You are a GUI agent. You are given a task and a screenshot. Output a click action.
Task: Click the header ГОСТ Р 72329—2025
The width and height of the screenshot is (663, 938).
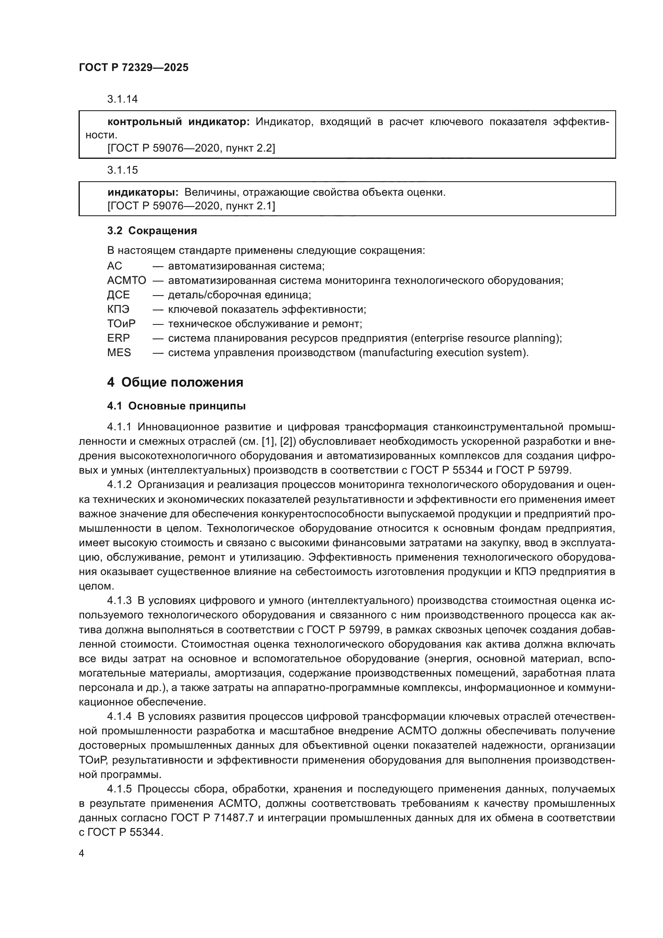pos(133,67)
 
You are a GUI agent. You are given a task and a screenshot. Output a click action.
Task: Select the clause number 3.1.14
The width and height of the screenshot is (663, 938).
pos(123,99)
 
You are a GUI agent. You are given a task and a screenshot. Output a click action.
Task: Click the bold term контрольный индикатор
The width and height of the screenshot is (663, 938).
pos(178,122)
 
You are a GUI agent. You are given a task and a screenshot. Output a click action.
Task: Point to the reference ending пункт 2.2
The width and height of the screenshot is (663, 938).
pos(191,148)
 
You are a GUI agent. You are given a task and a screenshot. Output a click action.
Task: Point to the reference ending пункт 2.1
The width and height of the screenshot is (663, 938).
pos(191,206)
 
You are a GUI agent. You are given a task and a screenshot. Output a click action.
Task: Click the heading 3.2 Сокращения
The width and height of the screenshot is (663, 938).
pos(152,231)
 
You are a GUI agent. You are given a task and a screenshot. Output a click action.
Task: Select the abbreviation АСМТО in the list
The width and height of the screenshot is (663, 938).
pos(127,281)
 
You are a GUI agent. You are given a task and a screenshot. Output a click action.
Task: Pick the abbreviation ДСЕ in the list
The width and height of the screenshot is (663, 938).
pos(118,295)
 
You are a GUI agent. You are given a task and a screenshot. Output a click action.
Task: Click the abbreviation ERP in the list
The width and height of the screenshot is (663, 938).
pos(118,338)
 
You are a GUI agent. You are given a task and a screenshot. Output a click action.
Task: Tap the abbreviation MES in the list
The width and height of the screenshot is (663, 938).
pos(119,353)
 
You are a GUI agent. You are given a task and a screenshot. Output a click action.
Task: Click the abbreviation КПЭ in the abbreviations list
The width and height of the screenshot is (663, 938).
pos(118,310)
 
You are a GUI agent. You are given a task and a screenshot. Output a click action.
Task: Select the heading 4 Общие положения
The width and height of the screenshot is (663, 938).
pos(175,383)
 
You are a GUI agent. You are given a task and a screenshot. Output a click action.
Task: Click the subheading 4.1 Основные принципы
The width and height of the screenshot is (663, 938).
pos(176,406)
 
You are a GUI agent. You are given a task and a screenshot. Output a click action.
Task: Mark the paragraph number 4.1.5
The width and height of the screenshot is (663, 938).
pos(119,789)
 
